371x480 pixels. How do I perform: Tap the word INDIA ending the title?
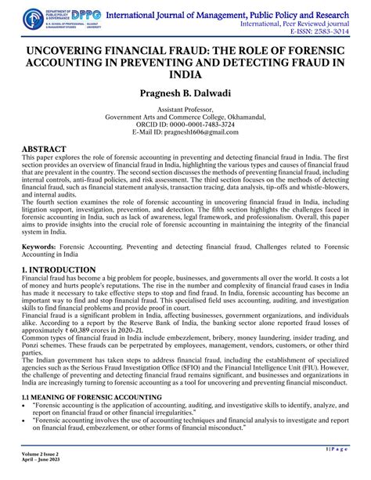pos(185,75)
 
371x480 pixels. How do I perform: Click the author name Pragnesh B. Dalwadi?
pos(185,94)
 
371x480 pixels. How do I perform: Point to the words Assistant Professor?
pos(185,111)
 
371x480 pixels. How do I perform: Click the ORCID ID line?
pos(185,125)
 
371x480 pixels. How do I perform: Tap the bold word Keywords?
pos(38,245)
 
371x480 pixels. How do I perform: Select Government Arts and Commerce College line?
pos(185,118)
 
